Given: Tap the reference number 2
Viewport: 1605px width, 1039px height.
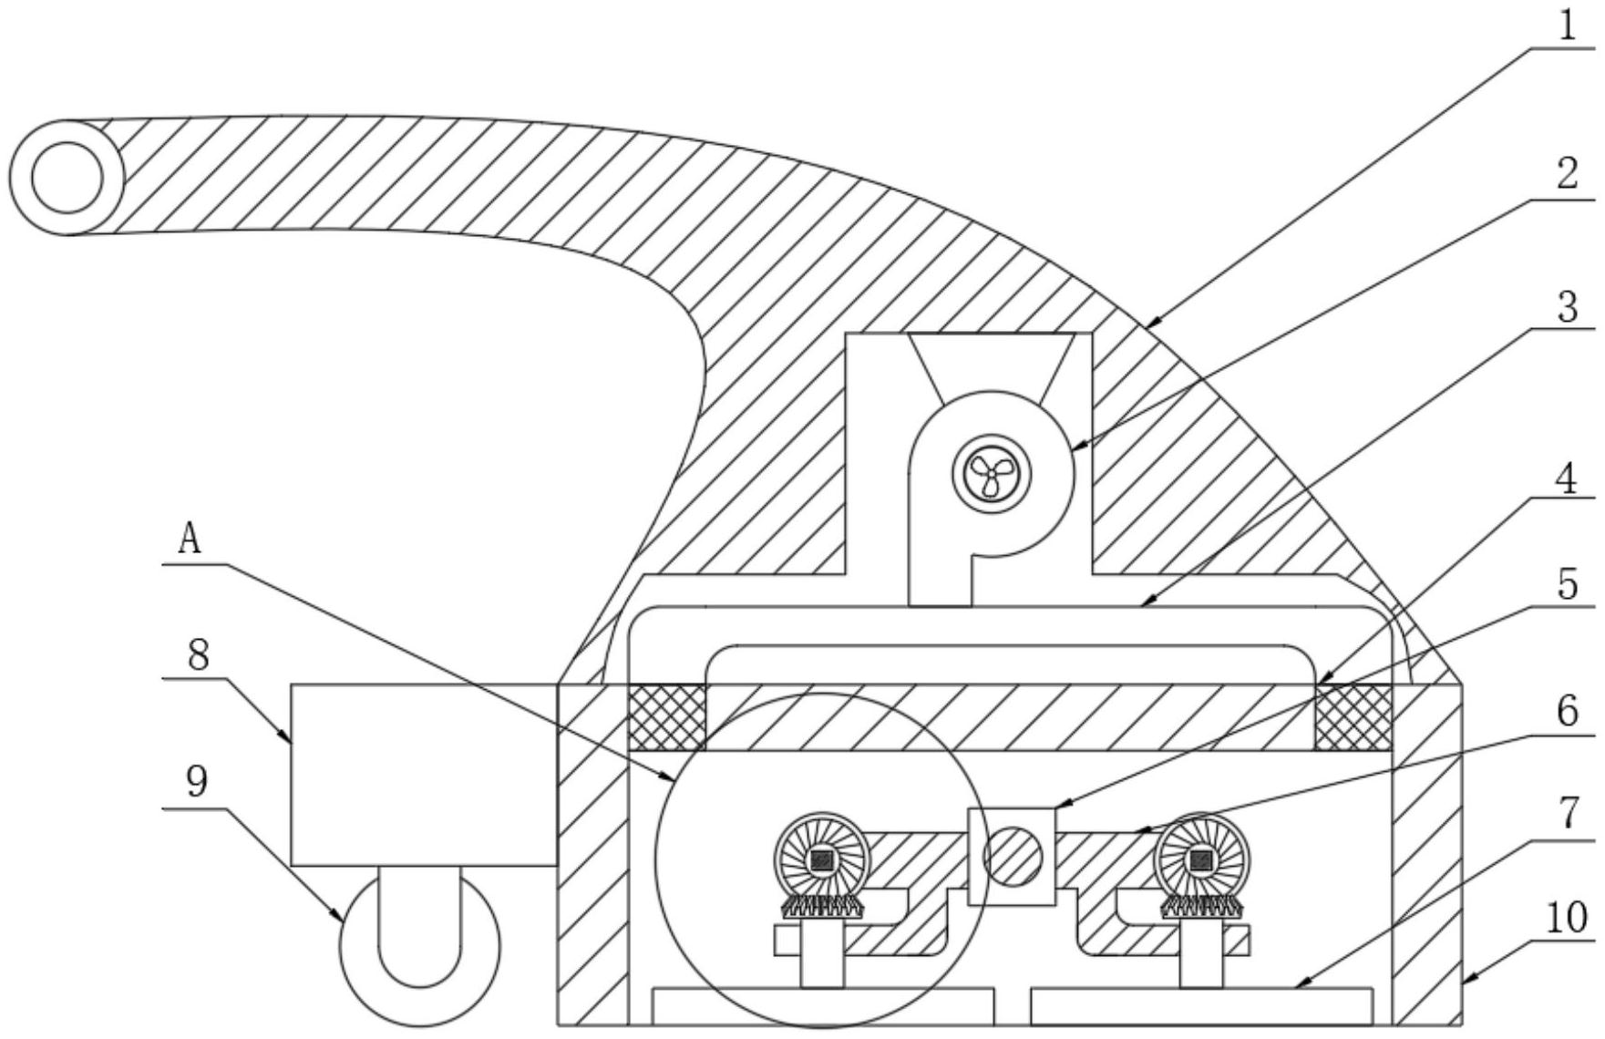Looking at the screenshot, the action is click(1566, 172).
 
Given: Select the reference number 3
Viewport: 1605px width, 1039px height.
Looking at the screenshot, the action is click(1566, 308).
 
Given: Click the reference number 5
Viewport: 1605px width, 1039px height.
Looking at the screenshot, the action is click(1566, 584).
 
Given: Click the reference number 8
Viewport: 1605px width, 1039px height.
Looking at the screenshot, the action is click(200, 656).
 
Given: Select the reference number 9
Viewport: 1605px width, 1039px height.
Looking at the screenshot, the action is click(196, 782).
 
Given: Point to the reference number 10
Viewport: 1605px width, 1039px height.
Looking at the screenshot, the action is click(1566, 918).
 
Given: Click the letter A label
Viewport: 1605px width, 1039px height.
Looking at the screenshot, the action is click(189, 540).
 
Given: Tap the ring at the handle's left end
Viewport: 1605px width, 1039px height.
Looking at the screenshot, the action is click(67, 177).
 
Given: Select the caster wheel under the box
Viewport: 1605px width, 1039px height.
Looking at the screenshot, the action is click(420, 948).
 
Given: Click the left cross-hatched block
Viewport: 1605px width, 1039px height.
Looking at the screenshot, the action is click(667, 717).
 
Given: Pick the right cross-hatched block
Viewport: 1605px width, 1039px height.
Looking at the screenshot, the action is click(1353, 717).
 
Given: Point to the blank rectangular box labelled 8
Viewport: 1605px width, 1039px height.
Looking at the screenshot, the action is click(423, 775).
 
